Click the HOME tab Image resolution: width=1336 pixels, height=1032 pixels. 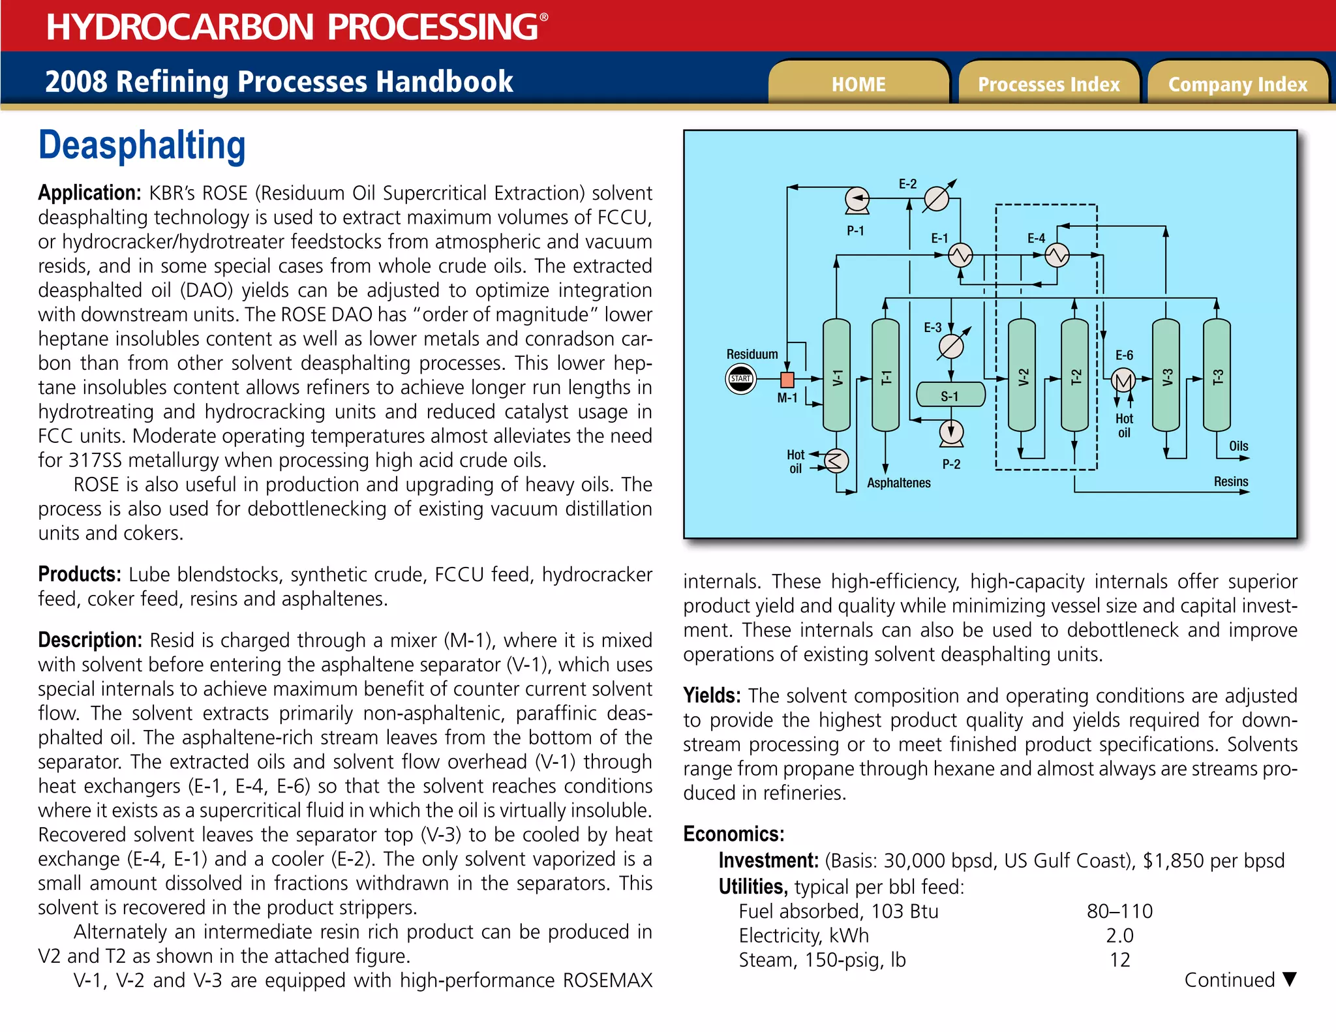coord(858,84)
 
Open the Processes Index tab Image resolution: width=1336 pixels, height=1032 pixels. coord(1048,84)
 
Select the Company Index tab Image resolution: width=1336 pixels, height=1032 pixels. coord(1237,84)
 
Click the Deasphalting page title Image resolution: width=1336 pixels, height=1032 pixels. coord(142,145)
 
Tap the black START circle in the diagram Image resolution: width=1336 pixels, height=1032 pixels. coord(741,379)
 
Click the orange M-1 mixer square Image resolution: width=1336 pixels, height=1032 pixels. coord(787,380)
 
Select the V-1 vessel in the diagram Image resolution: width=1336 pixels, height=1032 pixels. coord(836,376)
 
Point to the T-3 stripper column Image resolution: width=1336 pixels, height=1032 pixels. coord(1217,376)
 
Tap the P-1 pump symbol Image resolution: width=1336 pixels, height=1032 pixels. coord(857,199)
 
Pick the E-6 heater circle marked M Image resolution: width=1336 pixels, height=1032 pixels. coord(1123,380)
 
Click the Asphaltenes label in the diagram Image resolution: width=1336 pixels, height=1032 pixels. coord(898,483)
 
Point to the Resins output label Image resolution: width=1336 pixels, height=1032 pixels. coord(1230,481)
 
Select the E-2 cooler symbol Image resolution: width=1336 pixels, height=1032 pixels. coord(936,199)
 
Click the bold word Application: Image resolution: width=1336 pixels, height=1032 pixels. coord(89,193)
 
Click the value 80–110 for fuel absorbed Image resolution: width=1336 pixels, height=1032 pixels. coord(1119,911)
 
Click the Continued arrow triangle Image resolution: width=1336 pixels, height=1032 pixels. coord(1289,979)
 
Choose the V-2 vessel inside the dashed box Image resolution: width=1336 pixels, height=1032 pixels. coord(1022,376)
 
